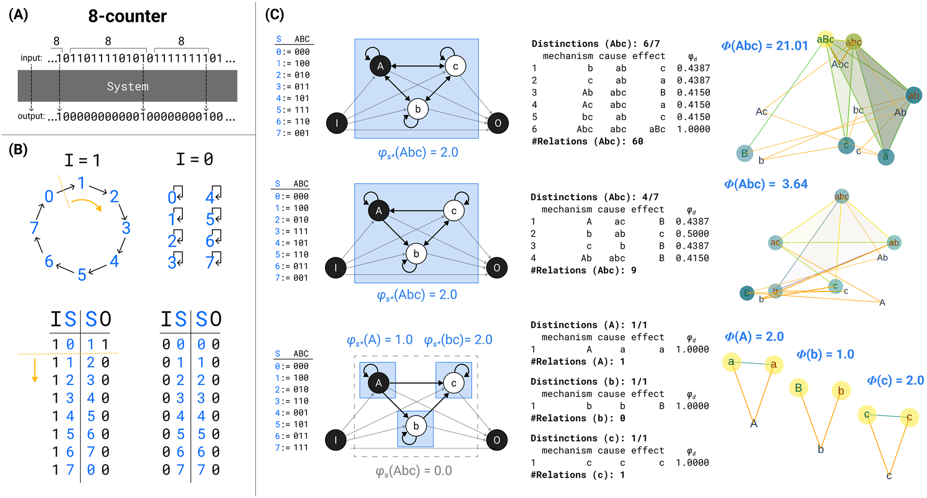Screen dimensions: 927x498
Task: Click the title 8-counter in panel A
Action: click(x=127, y=16)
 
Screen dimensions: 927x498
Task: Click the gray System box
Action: click(x=127, y=86)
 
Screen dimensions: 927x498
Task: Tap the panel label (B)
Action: click(x=18, y=149)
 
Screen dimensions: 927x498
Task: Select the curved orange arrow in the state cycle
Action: click(x=86, y=204)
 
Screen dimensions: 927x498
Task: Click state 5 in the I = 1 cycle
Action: click(x=82, y=275)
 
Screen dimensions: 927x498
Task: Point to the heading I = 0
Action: click(x=194, y=159)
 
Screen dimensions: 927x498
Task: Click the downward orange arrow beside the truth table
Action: click(x=35, y=370)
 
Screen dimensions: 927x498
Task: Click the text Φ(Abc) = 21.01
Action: click(x=764, y=46)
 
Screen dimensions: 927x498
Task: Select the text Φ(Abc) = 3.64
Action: click(x=766, y=184)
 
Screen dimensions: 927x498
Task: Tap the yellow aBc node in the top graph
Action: click(x=826, y=40)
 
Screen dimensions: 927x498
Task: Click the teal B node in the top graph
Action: click(x=745, y=154)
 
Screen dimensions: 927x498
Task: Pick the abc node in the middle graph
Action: click(x=842, y=196)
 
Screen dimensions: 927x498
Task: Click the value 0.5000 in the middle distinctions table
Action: click(x=692, y=234)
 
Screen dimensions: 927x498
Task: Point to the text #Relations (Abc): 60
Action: click(x=587, y=141)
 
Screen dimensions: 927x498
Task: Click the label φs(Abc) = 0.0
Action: click(x=413, y=471)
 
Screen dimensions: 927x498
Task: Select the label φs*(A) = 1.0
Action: click(x=379, y=340)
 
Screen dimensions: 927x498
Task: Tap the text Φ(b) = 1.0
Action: click(x=825, y=354)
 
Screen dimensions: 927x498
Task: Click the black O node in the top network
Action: click(x=498, y=123)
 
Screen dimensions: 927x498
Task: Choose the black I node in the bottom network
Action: click(x=336, y=440)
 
